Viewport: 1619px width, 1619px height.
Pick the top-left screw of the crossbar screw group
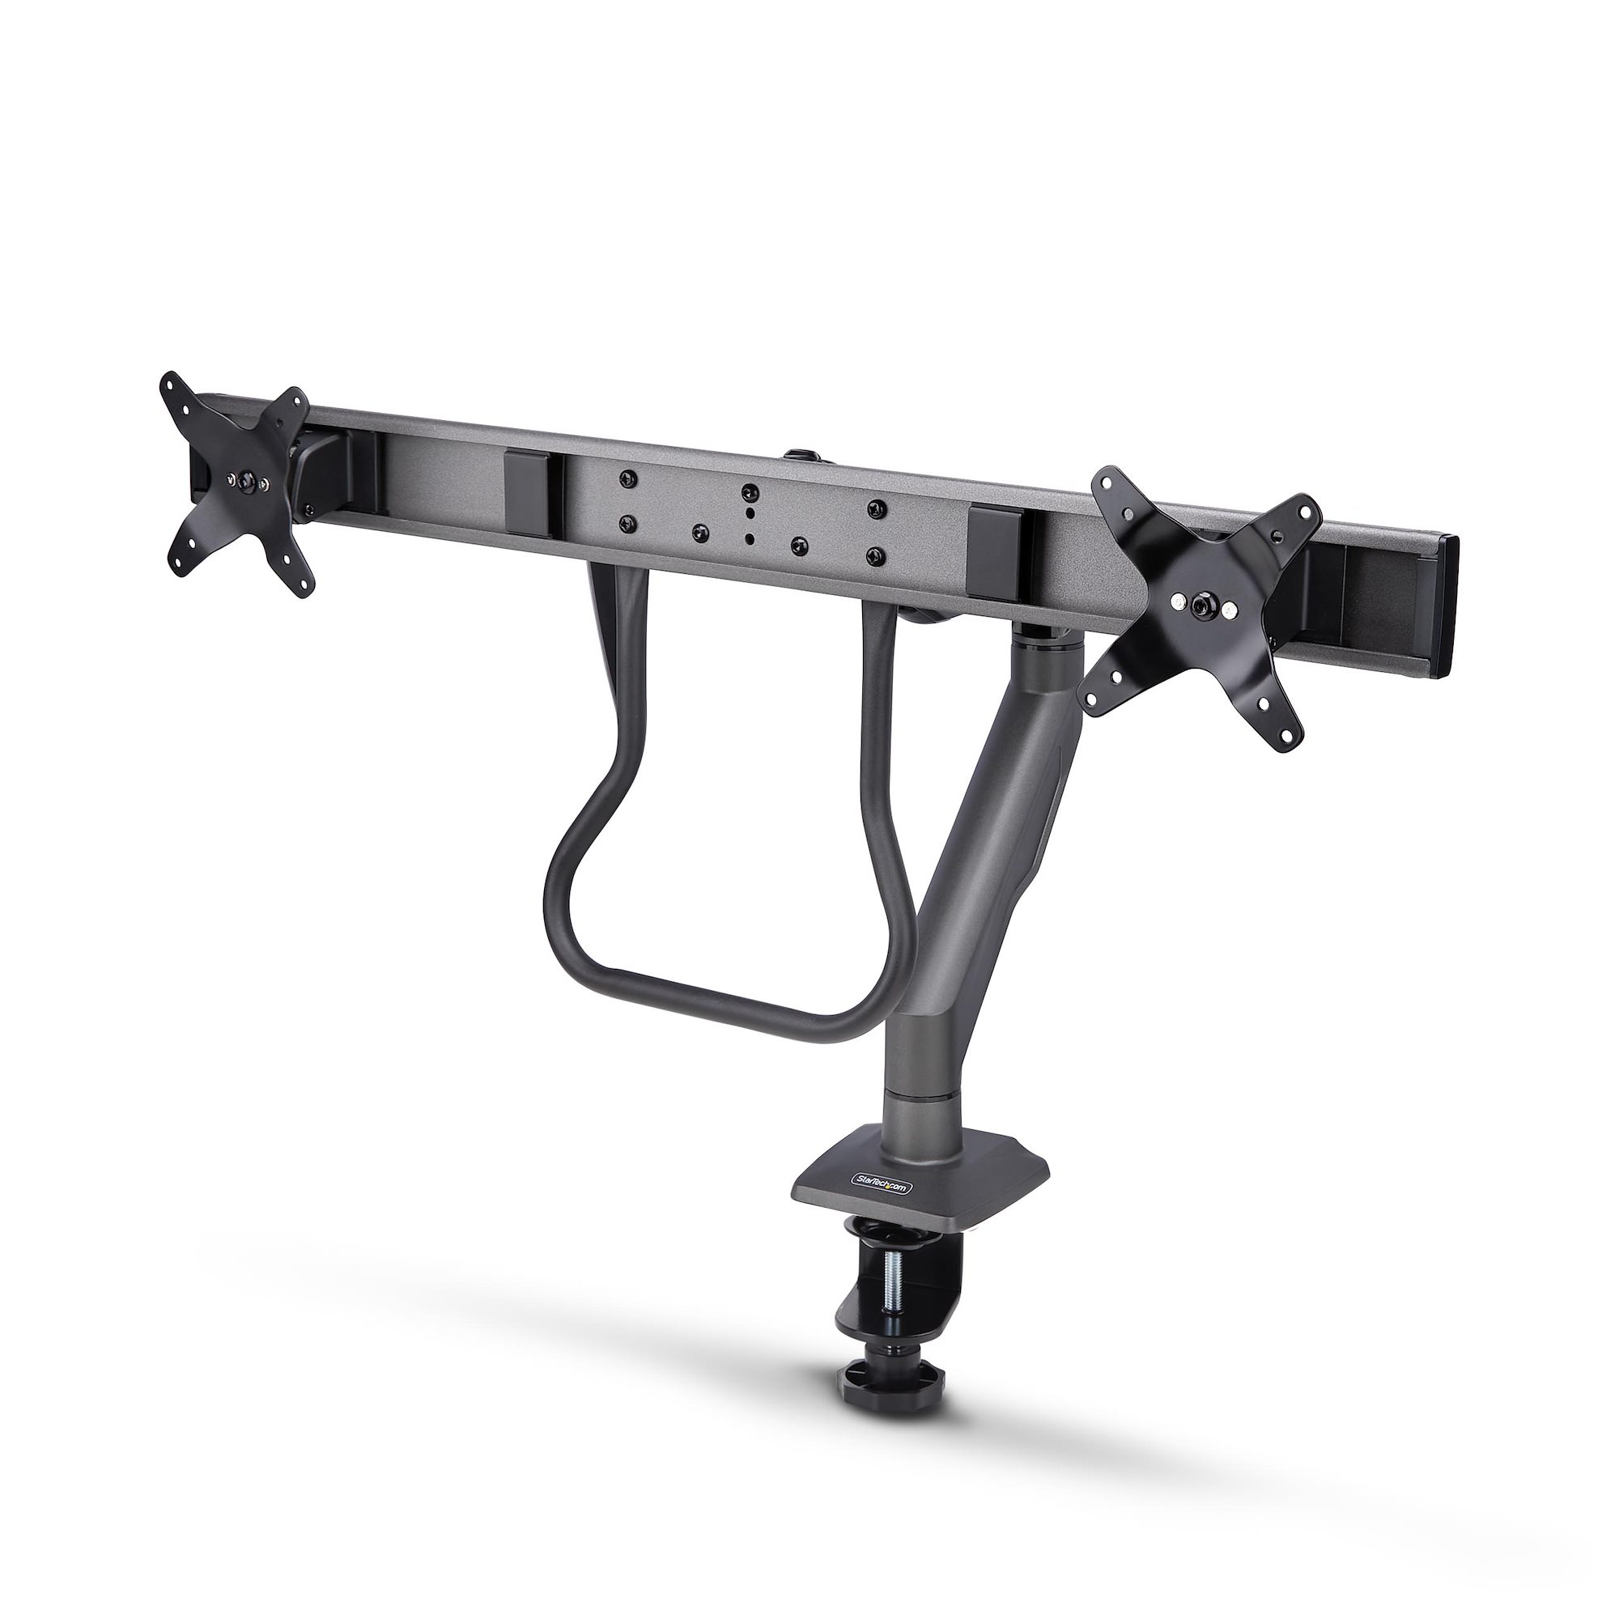625,477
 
